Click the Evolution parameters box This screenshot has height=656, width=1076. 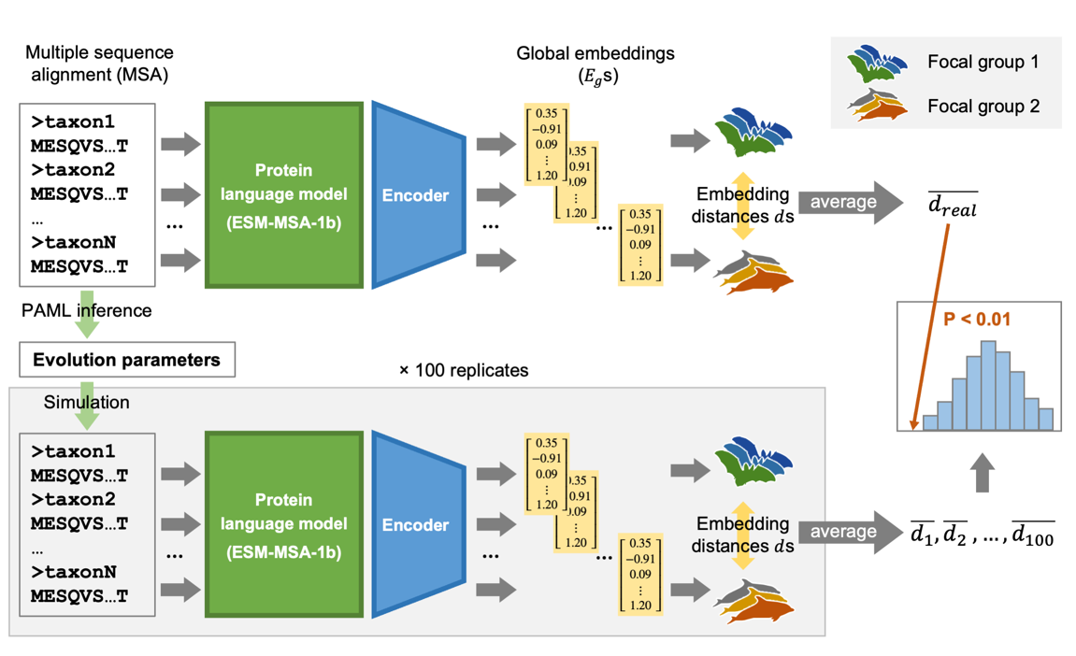126,360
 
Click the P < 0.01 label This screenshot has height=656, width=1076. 977,320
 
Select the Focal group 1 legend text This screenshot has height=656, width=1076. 983,64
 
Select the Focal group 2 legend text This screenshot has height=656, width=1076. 983,106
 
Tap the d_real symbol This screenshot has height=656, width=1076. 953,205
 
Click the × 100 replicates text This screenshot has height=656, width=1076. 464,370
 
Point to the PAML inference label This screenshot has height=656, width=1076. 86,309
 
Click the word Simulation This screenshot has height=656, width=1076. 87,402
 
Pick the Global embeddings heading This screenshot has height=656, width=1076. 595,64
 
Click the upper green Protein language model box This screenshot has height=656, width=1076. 283,194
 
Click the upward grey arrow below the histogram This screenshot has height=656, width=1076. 981,474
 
